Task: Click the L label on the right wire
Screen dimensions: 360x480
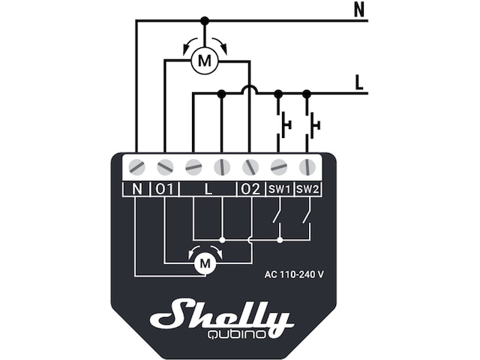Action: click(x=360, y=81)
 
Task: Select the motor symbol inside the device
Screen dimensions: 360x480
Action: click(x=204, y=262)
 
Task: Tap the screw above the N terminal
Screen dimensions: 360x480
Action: click(x=136, y=166)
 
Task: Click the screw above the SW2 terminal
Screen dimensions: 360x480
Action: click(x=307, y=166)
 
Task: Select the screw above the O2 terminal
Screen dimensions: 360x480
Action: click(x=250, y=166)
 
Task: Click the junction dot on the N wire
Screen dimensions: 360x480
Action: click(x=204, y=21)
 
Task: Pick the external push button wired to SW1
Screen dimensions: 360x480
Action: click(x=283, y=124)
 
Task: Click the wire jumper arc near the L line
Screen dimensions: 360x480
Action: click(x=250, y=89)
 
